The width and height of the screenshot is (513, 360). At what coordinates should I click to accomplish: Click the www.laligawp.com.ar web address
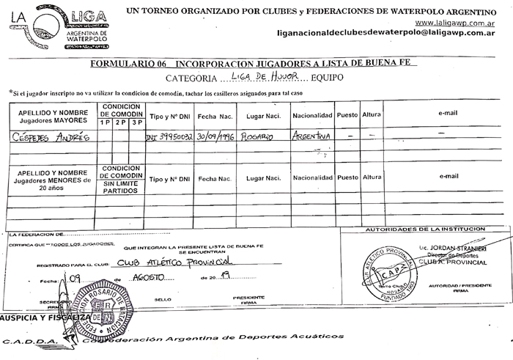pos(455,22)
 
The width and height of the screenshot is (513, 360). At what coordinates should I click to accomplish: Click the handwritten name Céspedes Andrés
pos(47,136)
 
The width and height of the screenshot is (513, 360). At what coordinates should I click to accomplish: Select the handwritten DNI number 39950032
pos(169,137)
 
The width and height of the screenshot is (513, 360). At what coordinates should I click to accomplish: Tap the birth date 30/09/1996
pos(215,136)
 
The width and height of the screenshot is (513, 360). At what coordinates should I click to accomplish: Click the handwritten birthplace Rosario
pos(258,136)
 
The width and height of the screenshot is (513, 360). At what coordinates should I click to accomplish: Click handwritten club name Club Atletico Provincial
pos(174,262)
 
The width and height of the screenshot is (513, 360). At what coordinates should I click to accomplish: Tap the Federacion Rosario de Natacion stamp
pos(101,307)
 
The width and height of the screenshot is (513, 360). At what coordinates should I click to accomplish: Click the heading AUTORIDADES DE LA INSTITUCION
pos(427,229)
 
